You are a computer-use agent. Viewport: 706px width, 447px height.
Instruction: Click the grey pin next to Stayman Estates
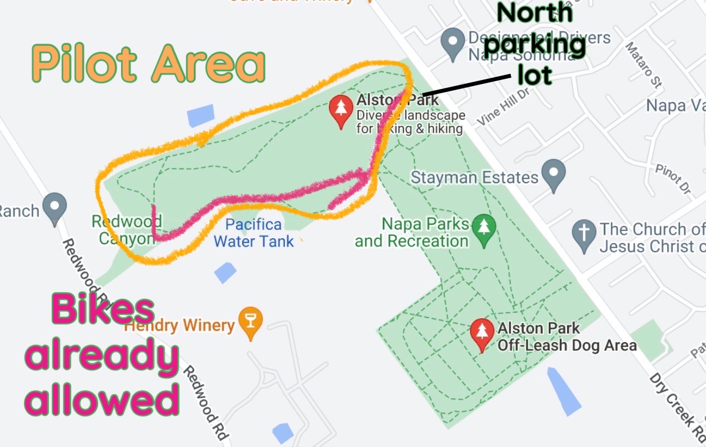pyautogui.click(x=553, y=174)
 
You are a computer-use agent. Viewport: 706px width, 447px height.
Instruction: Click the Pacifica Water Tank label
pyautogui.click(x=254, y=233)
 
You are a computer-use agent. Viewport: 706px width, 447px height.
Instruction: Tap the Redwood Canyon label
pyautogui.click(x=127, y=230)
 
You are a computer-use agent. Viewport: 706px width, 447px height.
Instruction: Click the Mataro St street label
pyautogui.click(x=644, y=65)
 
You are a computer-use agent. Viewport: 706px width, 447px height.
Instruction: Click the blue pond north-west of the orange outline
pyautogui.click(x=200, y=115)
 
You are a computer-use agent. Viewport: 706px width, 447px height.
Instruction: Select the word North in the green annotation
pyautogui.click(x=534, y=13)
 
